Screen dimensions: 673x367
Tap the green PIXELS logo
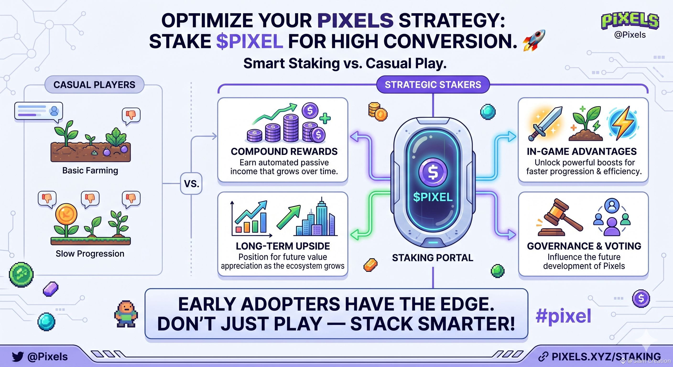tap(630, 21)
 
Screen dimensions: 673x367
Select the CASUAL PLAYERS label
tap(94, 85)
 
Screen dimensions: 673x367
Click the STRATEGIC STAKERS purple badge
tap(433, 85)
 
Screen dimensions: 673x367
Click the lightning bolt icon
tap(623, 123)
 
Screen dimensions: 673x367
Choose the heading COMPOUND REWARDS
tap(284, 151)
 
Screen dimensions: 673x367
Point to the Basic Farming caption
tap(90, 171)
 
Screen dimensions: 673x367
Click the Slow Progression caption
tap(90, 254)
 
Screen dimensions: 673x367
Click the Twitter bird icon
tap(18, 356)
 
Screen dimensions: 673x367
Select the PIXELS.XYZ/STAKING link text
tap(606, 356)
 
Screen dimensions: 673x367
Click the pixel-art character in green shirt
tap(126, 314)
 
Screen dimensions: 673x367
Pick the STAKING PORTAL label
tap(433, 258)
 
